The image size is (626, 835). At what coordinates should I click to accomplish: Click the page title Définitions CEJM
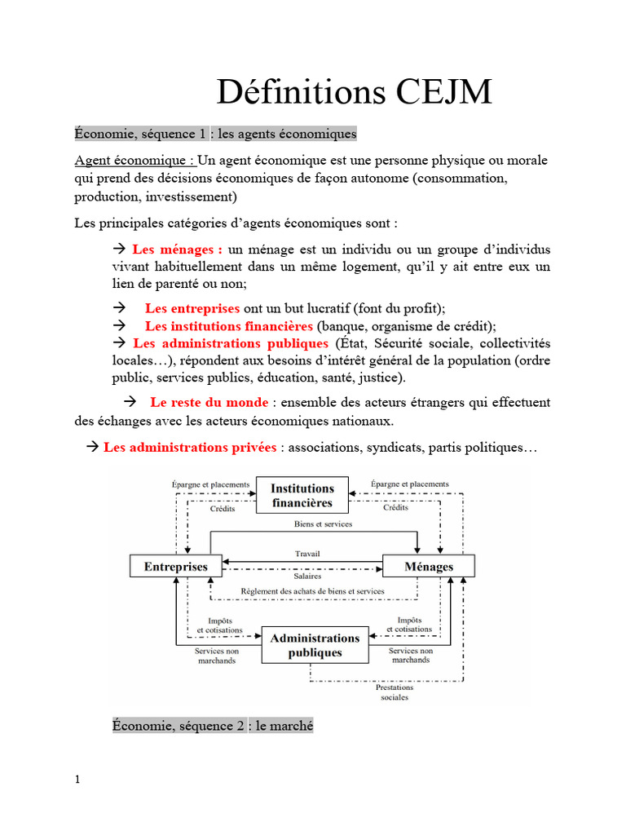point(355,92)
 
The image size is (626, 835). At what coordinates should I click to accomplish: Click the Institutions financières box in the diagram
point(302,496)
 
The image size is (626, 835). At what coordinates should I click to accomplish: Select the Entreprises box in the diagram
point(176,566)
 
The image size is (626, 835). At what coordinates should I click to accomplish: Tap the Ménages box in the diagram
point(429,566)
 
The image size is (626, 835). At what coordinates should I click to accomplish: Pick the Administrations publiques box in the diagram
point(315,645)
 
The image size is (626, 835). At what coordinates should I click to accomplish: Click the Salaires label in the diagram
point(308,576)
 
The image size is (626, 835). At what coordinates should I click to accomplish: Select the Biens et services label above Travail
point(323,524)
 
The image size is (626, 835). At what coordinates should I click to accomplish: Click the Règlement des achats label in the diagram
point(312,591)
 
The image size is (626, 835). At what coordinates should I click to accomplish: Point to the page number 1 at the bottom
point(77,780)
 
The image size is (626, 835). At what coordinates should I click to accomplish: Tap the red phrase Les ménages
point(178,249)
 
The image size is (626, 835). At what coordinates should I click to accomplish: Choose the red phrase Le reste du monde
point(209,402)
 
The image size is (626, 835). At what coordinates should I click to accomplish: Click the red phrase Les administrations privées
point(190,448)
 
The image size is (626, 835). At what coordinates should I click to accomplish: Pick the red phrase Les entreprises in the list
point(192,308)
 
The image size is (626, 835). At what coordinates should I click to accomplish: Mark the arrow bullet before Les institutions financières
point(117,326)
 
